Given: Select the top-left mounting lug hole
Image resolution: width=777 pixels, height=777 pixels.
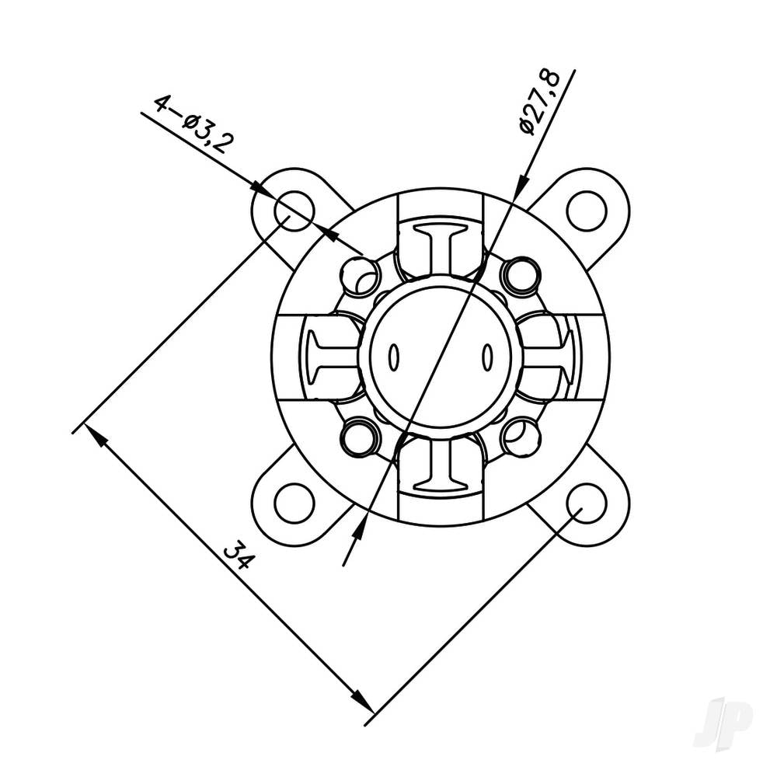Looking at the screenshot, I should click(x=294, y=210).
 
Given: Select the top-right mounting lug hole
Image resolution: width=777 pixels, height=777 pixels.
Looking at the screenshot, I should click(x=587, y=210).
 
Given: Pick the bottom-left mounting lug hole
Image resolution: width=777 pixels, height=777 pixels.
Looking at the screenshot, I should click(x=294, y=503).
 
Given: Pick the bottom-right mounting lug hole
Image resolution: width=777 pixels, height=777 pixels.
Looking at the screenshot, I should click(x=587, y=503).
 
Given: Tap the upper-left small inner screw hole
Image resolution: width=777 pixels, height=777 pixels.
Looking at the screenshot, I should click(x=360, y=276).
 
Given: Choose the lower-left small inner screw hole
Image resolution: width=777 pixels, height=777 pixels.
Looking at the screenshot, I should click(x=360, y=437).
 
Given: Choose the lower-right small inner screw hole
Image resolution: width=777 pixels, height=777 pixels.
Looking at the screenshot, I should click(x=521, y=437).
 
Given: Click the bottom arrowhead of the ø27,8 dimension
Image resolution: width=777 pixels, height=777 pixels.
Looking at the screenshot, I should click(x=358, y=532).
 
